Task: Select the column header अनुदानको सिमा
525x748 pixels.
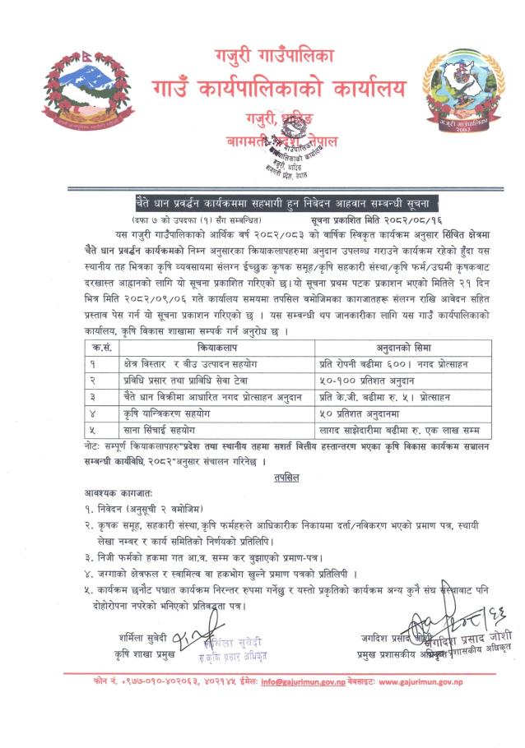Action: (x=388, y=348)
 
